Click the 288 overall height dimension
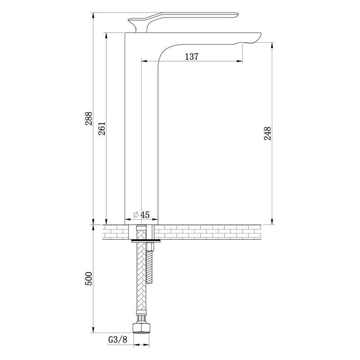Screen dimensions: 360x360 tap(89, 118)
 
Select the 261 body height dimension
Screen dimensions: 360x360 tap(102, 128)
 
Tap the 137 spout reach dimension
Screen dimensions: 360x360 tap(192, 57)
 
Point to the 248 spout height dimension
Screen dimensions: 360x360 tap(268, 133)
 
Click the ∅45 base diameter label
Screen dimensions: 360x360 tap(141, 215)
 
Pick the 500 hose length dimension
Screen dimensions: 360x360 tap(89, 279)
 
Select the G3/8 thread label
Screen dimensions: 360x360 tap(117, 340)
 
